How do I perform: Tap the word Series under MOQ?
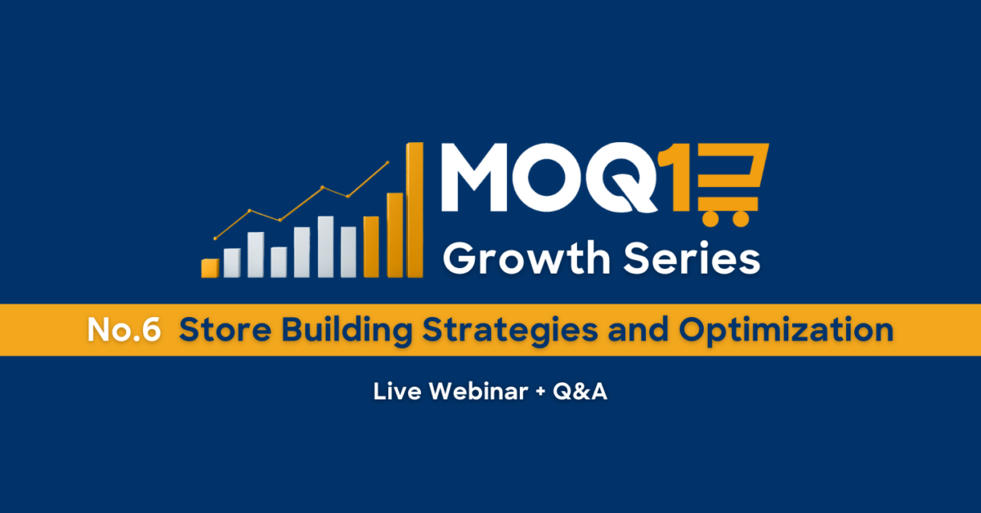(692, 258)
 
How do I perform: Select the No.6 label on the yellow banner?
(124, 330)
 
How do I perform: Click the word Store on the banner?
(225, 330)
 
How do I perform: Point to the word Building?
(347, 331)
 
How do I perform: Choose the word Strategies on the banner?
(510, 331)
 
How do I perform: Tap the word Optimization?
(786, 331)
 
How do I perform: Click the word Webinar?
(478, 391)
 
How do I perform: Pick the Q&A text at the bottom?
(580, 391)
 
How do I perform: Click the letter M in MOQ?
(474, 177)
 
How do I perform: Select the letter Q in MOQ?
(622, 177)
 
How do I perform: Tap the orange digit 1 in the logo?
(678, 177)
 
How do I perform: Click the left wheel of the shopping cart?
(710, 219)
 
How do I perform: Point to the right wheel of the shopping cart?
(741, 219)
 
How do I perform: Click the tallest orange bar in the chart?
(414, 210)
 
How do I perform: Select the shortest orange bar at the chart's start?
(210, 268)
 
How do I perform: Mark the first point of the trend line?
(215, 239)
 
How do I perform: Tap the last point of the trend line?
(387, 163)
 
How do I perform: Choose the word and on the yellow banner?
(638, 330)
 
